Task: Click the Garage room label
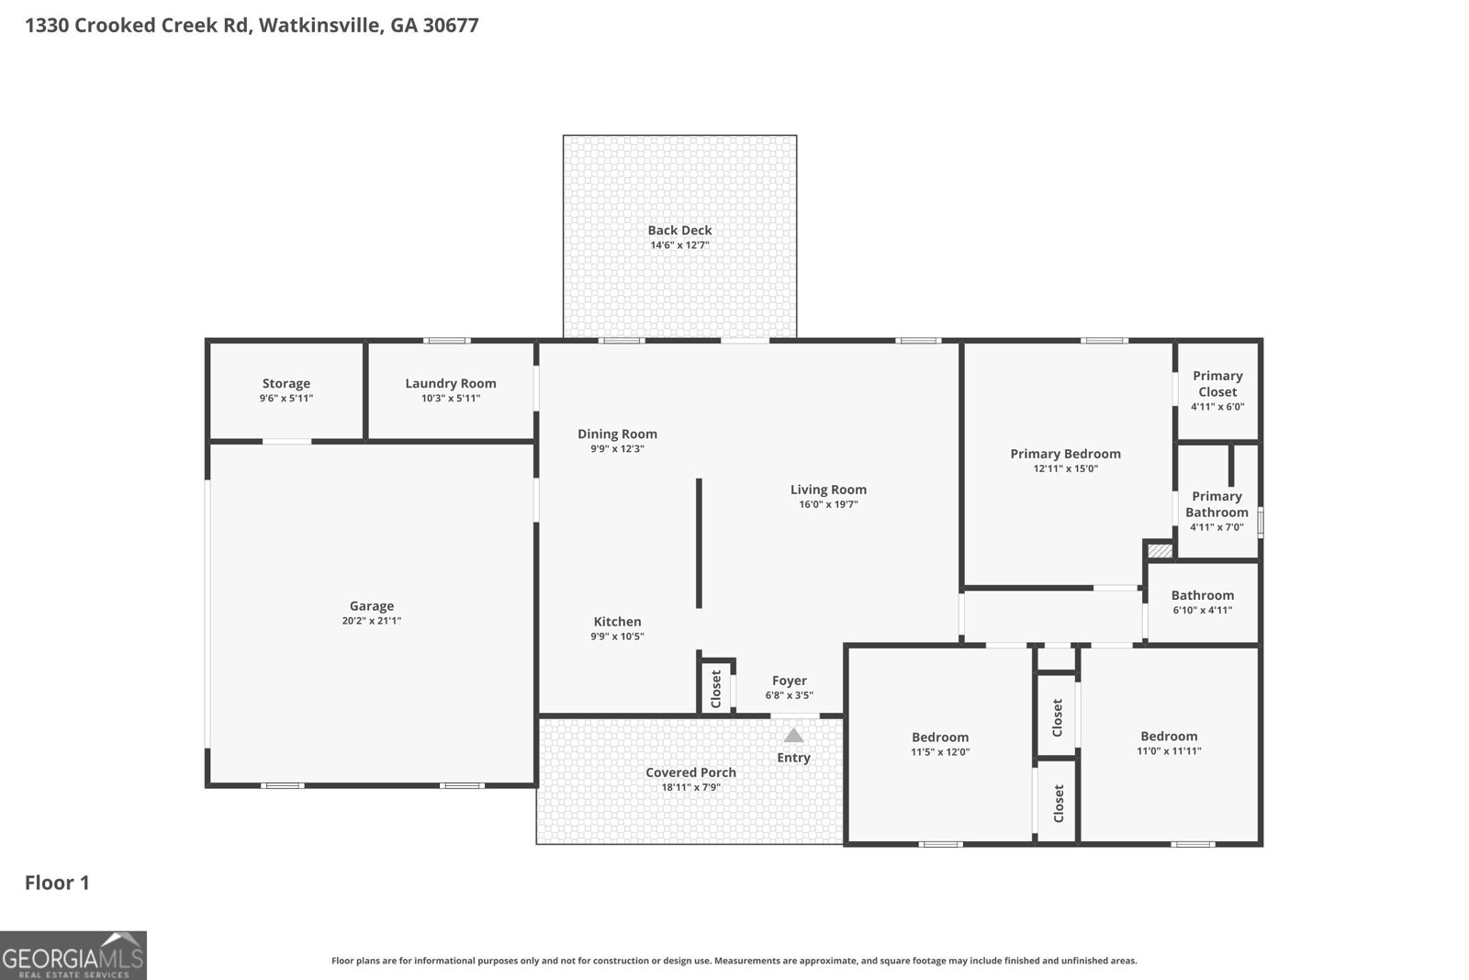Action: point(371,606)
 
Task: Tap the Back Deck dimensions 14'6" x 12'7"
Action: point(679,245)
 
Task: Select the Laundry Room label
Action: point(450,384)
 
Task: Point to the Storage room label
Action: point(286,384)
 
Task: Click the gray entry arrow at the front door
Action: point(793,736)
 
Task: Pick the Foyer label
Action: point(789,681)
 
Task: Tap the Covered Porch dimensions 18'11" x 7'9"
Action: point(690,787)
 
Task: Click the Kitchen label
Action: point(617,622)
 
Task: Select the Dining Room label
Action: point(617,434)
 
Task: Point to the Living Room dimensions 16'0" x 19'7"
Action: point(828,504)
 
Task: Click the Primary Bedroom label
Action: point(1065,454)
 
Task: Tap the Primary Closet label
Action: point(1217,384)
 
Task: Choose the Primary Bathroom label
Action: point(1217,504)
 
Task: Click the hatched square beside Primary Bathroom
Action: point(1160,551)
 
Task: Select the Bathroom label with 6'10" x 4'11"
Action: point(1202,595)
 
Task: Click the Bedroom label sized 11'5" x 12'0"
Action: point(939,738)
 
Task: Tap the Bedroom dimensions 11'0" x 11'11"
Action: point(1169,750)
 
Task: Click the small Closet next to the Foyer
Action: point(716,688)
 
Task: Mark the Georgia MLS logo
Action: point(73,955)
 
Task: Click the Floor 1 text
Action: point(57,883)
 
